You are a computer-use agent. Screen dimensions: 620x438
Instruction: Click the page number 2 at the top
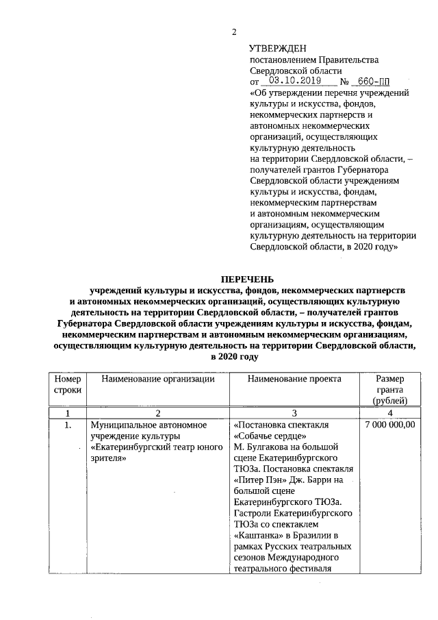[x=234, y=32]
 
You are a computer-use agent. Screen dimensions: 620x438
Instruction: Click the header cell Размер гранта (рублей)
[x=390, y=389]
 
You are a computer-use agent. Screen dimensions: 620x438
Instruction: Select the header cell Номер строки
[x=67, y=384]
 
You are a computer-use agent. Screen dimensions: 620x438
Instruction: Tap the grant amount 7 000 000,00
[x=390, y=425]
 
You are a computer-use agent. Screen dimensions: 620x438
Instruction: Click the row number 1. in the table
[x=68, y=425]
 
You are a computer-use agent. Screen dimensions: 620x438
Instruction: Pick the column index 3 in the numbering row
[x=294, y=413]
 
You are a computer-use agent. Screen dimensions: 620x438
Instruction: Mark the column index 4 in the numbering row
[x=390, y=413]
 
